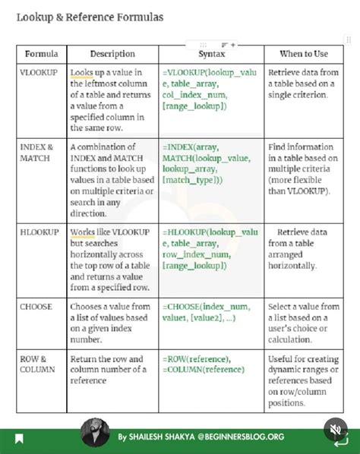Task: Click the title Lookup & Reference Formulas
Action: point(90,17)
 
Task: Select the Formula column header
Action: point(41,55)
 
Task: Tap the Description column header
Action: point(112,55)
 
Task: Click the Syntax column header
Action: point(211,55)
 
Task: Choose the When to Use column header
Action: point(304,55)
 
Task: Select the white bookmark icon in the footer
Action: point(19,439)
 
